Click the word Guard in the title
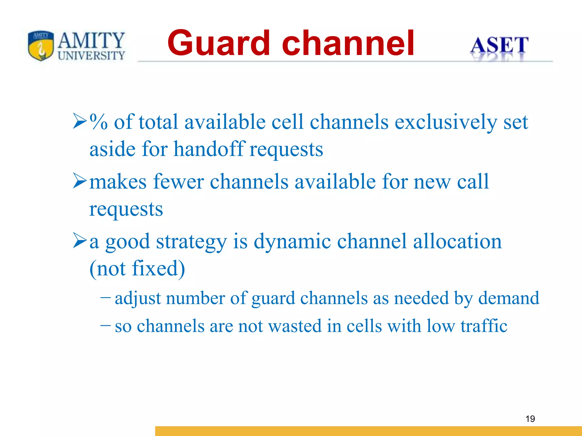pyautogui.click(x=218, y=43)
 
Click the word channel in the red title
pyautogui.click(x=348, y=43)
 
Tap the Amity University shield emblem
pyautogui.click(x=41, y=45)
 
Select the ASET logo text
pyautogui.click(x=499, y=45)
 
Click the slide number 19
pyautogui.click(x=530, y=419)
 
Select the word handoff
pyautogui.click(x=209, y=149)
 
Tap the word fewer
pyautogui.click(x=178, y=182)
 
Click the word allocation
pyautogui.click(x=457, y=241)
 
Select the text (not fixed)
pyautogui.click(x=137, y=268)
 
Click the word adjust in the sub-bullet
pyautogui.click(x=138, y=299)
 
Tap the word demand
pyautogui.click(x=508, y=298)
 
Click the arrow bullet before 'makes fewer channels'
pyautogui.click(x=79, y=181)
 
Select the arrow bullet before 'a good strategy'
pyautogui.click(x=79, y=240)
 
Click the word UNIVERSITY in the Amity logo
pyautogui.click(x=91, y=56)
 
